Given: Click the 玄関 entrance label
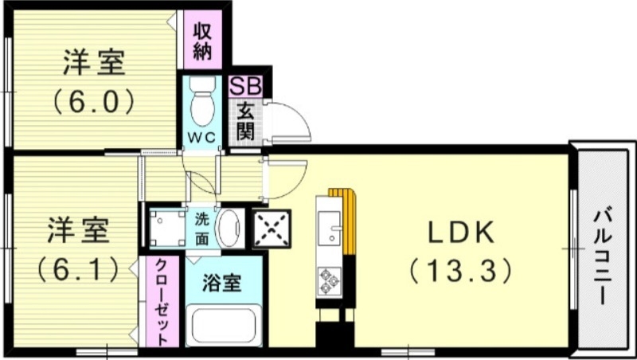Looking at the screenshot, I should tap(244, 122).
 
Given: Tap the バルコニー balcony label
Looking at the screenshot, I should tap(603, 256).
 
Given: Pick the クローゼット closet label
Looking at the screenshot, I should tap(161, 302).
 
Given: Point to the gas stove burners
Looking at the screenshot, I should tap(328, 280).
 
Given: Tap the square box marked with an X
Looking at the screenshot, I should tap(272, 226).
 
